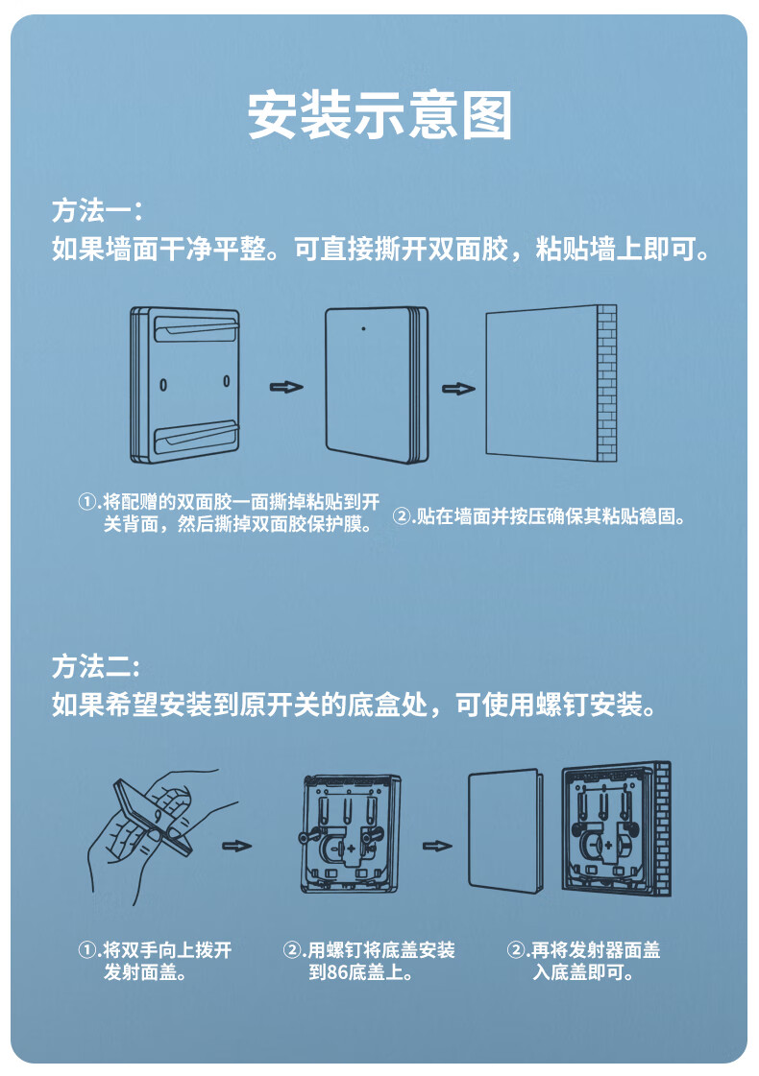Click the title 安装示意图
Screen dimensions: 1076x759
(379, 116)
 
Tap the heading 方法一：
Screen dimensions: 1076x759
(97, 210)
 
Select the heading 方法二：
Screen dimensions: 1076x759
(97, 666)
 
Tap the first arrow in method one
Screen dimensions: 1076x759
(285, 387)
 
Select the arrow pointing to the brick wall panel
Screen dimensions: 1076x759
(458, 389)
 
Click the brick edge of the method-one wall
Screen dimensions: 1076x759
(607, 384)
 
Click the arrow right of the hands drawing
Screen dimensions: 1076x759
(236, 846)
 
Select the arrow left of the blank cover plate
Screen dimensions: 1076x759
(437, 846)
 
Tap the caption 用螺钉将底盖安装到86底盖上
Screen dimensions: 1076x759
(369, 961)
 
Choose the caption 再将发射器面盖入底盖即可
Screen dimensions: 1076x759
(584, 961)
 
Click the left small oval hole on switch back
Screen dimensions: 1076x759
(162, 382)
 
